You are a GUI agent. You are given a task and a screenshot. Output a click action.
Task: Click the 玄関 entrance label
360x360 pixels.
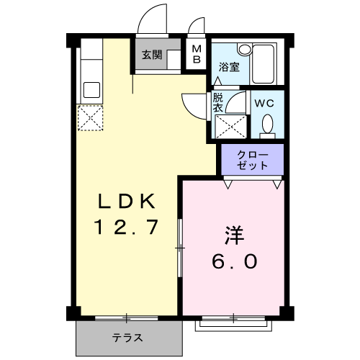152,55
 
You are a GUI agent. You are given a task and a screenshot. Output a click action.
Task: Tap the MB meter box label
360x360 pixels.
197,54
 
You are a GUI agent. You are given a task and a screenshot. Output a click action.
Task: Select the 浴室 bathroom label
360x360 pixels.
229,67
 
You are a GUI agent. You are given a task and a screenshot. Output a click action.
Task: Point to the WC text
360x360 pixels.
264,104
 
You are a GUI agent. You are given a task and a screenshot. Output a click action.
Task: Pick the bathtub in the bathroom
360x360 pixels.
263,63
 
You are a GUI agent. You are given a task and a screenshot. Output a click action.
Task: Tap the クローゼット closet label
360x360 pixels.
252,160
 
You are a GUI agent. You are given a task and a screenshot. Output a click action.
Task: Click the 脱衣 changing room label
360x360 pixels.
218,102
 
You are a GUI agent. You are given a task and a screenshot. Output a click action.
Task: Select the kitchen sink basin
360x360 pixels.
91,90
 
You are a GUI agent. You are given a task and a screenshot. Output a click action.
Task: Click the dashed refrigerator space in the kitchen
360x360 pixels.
90,117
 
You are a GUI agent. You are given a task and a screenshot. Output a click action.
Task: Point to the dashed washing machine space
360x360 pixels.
231,127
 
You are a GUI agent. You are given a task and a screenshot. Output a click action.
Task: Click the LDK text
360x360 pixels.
127,201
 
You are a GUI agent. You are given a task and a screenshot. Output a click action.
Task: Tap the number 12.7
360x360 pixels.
126,227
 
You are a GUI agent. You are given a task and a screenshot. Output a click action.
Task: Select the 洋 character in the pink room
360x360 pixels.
234,235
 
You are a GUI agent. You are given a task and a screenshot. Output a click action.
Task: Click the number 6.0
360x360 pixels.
235,261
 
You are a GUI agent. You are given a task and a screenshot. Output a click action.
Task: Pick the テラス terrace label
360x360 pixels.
127,338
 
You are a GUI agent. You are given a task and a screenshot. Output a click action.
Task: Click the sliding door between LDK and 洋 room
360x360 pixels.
180,248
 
